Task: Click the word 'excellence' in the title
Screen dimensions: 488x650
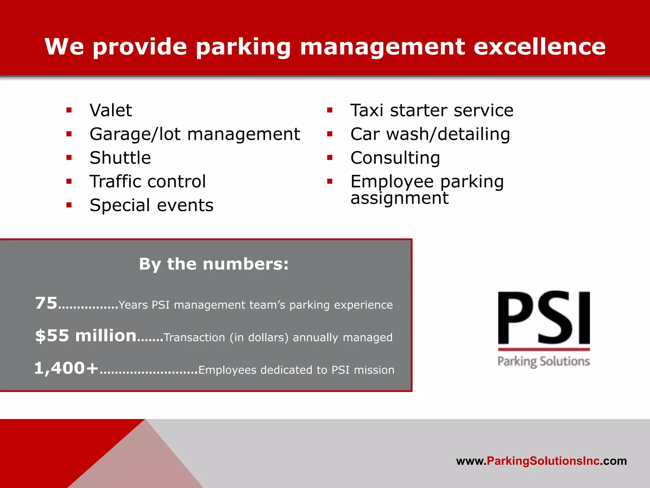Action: pos(540,47)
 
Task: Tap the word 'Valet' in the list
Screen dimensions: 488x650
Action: pos(111,111)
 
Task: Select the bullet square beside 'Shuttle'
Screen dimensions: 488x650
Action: pos(69,158)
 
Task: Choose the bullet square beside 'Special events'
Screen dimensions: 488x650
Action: pos(69,205)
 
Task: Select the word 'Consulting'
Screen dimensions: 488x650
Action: pos(395,158)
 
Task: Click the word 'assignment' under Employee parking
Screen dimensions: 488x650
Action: pos(399,198)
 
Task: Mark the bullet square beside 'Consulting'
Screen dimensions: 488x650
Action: pos(330,158)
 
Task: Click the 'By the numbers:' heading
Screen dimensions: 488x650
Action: pos(214,264)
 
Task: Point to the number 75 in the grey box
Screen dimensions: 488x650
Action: pos(46,303)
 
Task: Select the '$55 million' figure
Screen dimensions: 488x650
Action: pos(86,335)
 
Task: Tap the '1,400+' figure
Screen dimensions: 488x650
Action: pos(66,368)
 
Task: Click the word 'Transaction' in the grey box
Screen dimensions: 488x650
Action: pos(194,337)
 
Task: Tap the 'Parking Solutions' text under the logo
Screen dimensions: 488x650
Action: pos(544,362)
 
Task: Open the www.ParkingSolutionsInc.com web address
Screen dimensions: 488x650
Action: pos(541,461)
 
